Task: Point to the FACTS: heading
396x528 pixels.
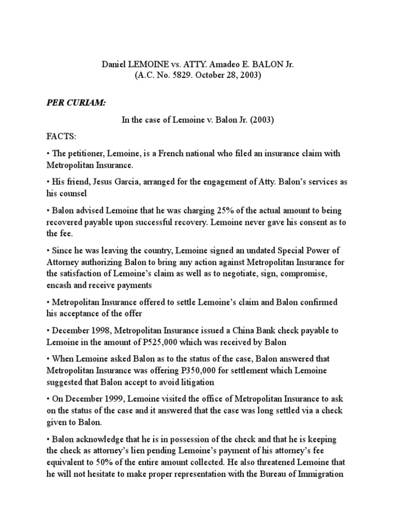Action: tap(61, 137)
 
